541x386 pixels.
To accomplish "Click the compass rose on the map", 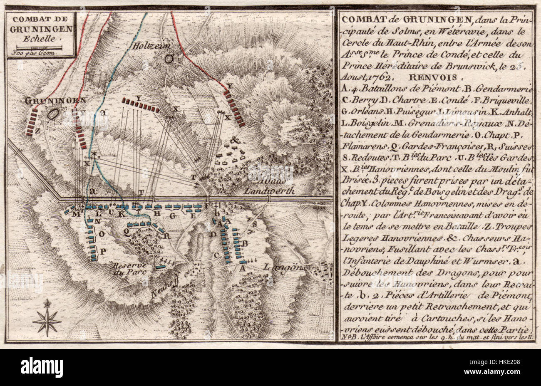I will point(47,318).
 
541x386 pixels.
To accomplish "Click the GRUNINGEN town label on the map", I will point(55,100).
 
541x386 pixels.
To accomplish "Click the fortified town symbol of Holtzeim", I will point(169,59).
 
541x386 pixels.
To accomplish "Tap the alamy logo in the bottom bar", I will point(42,367).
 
